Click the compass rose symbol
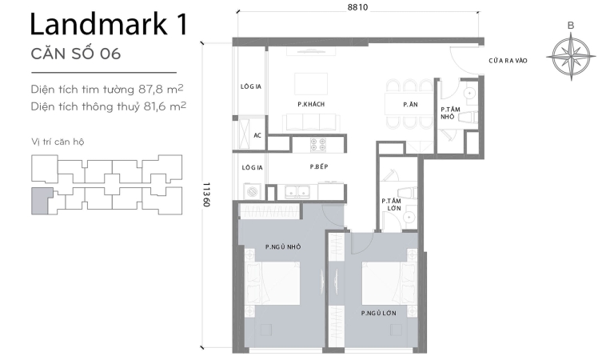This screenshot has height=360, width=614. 570,57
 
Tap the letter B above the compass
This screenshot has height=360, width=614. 570,25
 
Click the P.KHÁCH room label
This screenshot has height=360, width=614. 310,105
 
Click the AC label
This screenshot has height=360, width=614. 257,135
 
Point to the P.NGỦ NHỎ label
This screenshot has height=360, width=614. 283,247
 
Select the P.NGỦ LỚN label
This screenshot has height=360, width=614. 378,312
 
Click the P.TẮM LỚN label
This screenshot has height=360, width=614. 391,206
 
